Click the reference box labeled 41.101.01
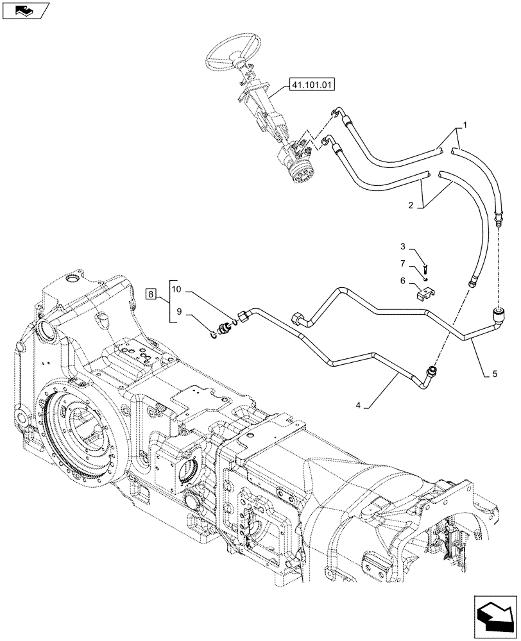(x=313, y=84)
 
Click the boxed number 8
(x=151, y=294)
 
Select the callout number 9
(x=180, y=312)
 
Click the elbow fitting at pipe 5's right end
(x=497, y=315)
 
